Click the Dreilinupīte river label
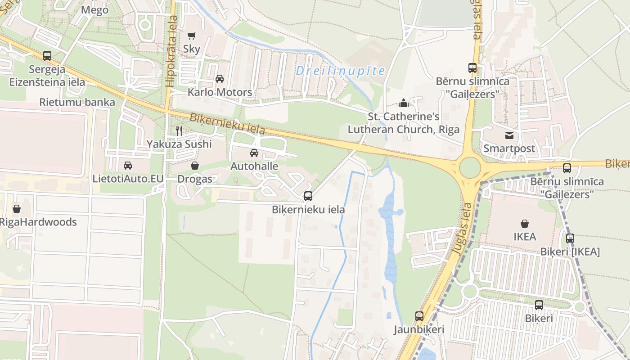coord(341,71)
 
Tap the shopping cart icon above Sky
coord(192,36)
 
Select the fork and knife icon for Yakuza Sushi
coord(179,130)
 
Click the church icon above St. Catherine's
coord(404,103)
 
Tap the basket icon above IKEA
coord(525,223)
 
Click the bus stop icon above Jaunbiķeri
coord(419,316)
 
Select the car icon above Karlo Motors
coord(220,79)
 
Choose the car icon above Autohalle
coord(254,153)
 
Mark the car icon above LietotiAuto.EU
coord(128,165)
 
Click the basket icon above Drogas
coord(195,166)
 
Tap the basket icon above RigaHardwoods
coord(17,209)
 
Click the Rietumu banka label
coord(77,102)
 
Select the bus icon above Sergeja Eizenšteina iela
coord(47,56)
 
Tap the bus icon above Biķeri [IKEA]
coord(570,238)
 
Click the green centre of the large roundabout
coord(470,168)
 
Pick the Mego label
coord(95,10)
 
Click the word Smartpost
coord(509,148)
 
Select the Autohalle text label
coord(254,166)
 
